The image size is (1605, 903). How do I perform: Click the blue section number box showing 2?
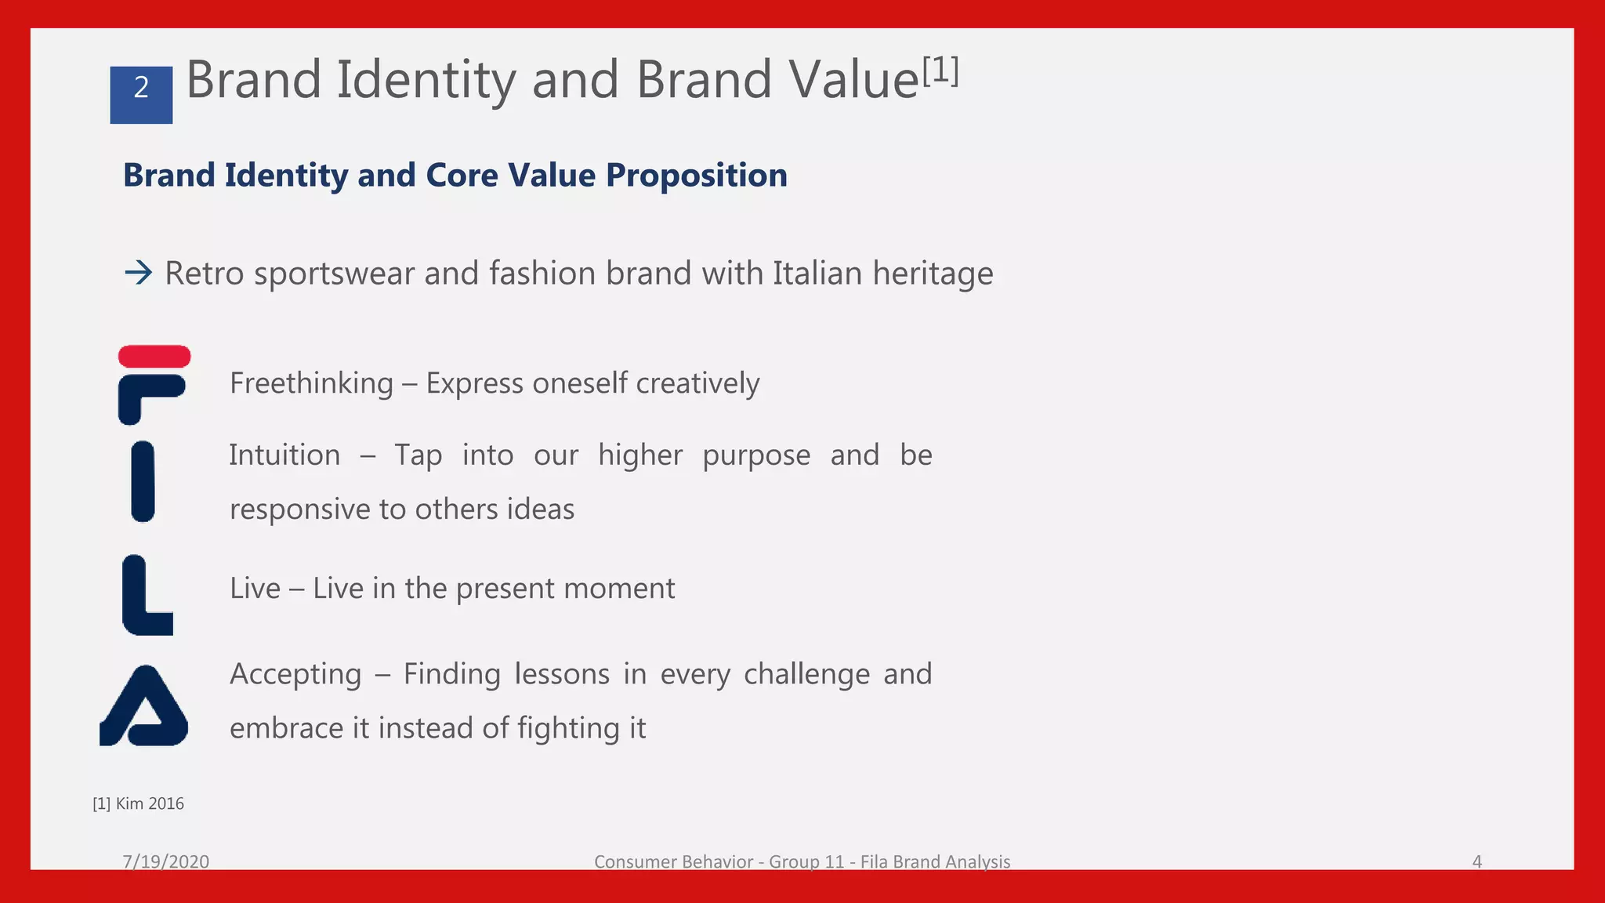(x=141, y=95)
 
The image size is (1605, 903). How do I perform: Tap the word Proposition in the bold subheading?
(x=696, y=176)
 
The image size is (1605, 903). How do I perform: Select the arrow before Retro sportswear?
(x=139, y=274)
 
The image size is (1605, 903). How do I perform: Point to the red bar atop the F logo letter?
(x=154, y=357)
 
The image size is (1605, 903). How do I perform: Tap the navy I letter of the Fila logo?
(x=143, y=481)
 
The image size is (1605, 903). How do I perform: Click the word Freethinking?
(x=311, y=383)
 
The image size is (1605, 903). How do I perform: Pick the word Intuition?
(x=284, y=455)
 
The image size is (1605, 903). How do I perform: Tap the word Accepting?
(x=295, y=674)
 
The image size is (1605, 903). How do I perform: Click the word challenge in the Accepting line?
(x=806, y=674)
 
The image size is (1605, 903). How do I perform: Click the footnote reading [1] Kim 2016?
(x=138, y=803)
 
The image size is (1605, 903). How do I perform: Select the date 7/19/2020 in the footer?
(x=165, y=861)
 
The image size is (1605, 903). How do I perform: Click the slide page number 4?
(x=1476, y=861)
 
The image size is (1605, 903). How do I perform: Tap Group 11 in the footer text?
(x=806, y=861)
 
